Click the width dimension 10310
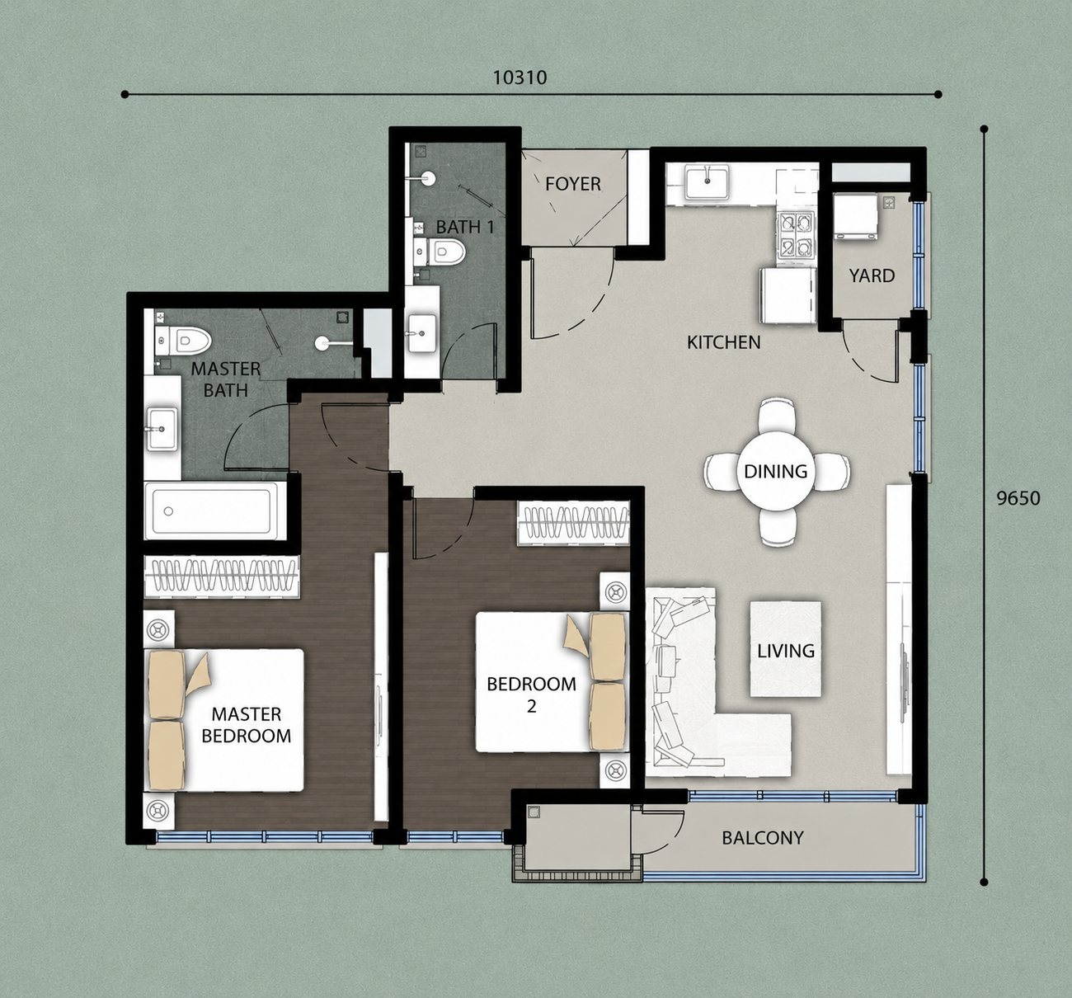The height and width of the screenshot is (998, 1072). tap(520, 78)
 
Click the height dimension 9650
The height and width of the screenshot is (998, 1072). tap(1018, 498)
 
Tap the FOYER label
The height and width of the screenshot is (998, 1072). tap(573, 184)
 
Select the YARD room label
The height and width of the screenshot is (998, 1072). tap(872, 276)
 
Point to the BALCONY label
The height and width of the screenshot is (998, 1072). tap(763, 838)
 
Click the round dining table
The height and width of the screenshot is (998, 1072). tap(776, 471)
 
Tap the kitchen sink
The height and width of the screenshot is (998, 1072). tap(708, 182)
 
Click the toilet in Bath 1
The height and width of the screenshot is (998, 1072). tap(440, 251)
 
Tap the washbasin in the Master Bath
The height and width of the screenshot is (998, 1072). tap(162, 429)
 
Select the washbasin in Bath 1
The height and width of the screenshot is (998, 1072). tap(421, 333)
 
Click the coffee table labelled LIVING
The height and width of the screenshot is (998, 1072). tap(785, 649)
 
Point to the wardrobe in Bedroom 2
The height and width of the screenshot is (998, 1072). tap(573, 524)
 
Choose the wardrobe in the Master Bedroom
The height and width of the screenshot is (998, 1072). tap(222, 577)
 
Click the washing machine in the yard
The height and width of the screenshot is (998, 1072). tap(855, 215)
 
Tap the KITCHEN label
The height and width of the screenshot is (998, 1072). tap(723, 342)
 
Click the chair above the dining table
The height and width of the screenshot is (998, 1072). tap(776, 414)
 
